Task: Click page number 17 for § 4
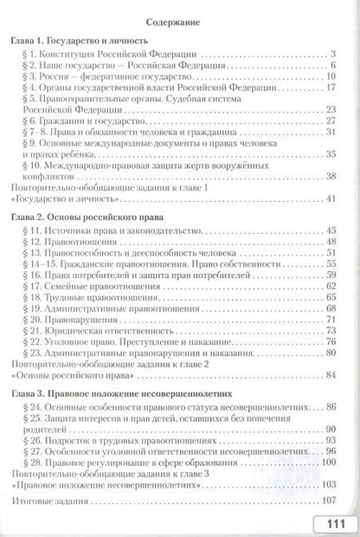[x=330, y=87]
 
